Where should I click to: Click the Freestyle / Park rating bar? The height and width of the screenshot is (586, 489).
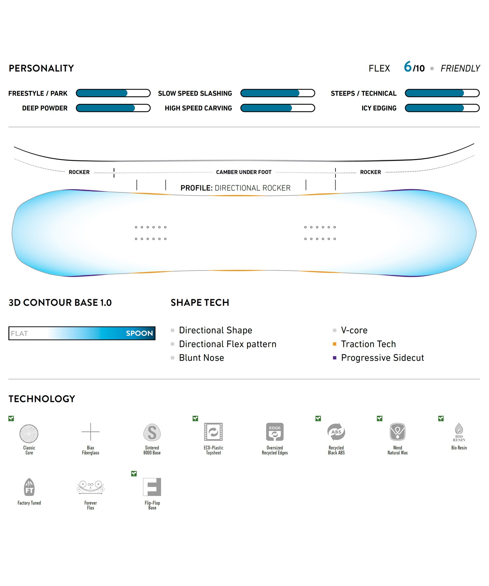coord(113,93)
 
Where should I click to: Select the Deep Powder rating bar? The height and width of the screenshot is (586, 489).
coord(113,108)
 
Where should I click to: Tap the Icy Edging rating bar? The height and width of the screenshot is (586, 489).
coord(442,108)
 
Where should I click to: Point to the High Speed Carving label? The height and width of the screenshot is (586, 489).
coord(198,108)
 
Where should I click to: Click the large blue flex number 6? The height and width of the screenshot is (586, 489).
coord(408,67)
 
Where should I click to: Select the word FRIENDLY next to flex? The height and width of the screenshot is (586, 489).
coord(460,68)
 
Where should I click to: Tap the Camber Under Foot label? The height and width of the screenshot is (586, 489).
coord(244,172)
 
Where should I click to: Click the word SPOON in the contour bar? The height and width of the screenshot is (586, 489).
coord(139,333)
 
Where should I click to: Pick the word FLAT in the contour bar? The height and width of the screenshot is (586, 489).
coord(19,333)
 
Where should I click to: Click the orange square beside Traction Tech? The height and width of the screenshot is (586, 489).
coord(334,344)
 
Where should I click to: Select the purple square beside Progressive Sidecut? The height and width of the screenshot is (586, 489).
coord(334,358)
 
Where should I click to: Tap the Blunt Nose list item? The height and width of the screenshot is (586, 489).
coord(201,358)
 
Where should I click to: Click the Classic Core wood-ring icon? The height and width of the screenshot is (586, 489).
coord(29,433)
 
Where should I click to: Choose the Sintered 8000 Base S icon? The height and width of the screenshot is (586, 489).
coord(152,433)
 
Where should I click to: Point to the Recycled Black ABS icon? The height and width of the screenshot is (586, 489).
coord(336,432)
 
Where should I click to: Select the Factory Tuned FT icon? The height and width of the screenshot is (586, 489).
coord(29,487)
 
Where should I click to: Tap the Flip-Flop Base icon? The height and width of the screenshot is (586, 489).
coord(152,487)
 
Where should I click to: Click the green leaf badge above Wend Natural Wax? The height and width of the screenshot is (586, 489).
coord(379,418)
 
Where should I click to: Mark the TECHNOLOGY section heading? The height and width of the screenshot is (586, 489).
coord(42,399)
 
